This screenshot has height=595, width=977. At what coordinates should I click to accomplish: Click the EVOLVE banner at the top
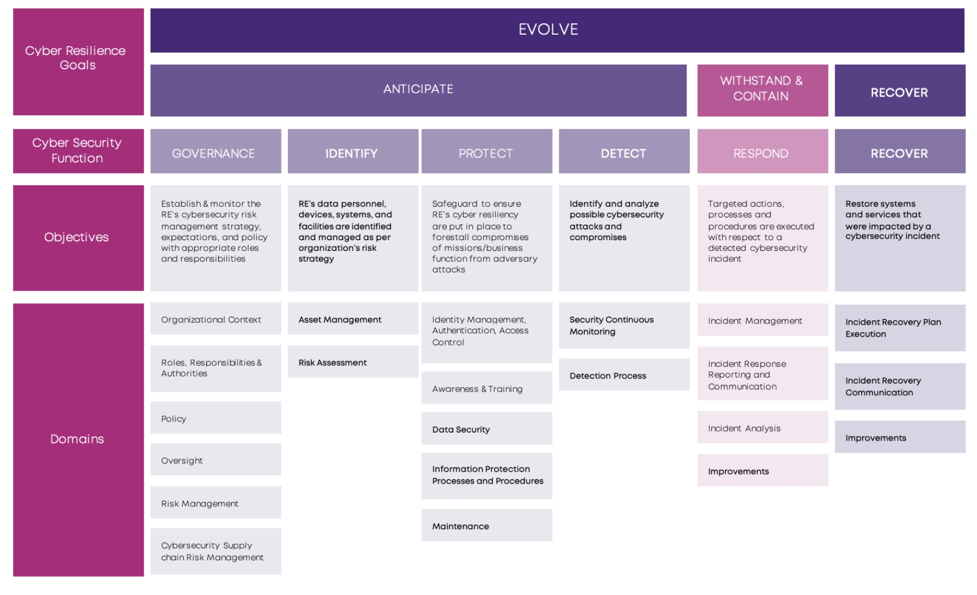coord(557,30)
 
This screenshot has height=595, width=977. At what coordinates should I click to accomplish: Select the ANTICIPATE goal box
coord(418,90)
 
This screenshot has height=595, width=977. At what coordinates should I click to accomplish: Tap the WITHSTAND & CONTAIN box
coord(762,90)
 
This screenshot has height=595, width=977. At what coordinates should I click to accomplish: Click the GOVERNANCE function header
coord(216,151)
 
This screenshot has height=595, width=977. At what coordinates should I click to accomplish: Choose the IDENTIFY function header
coord(353,151)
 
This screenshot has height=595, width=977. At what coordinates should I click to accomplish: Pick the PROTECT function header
coord(487,151)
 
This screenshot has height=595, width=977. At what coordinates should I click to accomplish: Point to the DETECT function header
coord(624,151)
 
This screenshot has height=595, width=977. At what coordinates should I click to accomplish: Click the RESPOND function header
coord(762,151)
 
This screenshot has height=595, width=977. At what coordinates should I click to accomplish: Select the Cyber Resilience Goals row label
coord(78,62)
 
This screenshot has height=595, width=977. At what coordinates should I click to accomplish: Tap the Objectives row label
coord(78,238)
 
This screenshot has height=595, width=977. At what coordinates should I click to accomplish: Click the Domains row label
coord(78,440)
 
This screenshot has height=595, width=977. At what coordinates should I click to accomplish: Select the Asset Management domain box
coord(353,319)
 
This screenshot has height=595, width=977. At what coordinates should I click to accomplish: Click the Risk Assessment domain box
coord(353,362)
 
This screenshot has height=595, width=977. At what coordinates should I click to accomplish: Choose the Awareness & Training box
coord(487,388)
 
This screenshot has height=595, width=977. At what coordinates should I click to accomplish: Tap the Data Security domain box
coord(487,429)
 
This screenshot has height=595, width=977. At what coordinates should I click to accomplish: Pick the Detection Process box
coord(624,375)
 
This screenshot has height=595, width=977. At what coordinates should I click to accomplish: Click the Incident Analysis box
coord(762,428)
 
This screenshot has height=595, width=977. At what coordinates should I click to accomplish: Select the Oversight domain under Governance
coord(216,459)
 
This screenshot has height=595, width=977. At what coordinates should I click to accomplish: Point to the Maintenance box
coord(487,525)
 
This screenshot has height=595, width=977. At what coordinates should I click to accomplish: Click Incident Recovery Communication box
coord(900,387)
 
